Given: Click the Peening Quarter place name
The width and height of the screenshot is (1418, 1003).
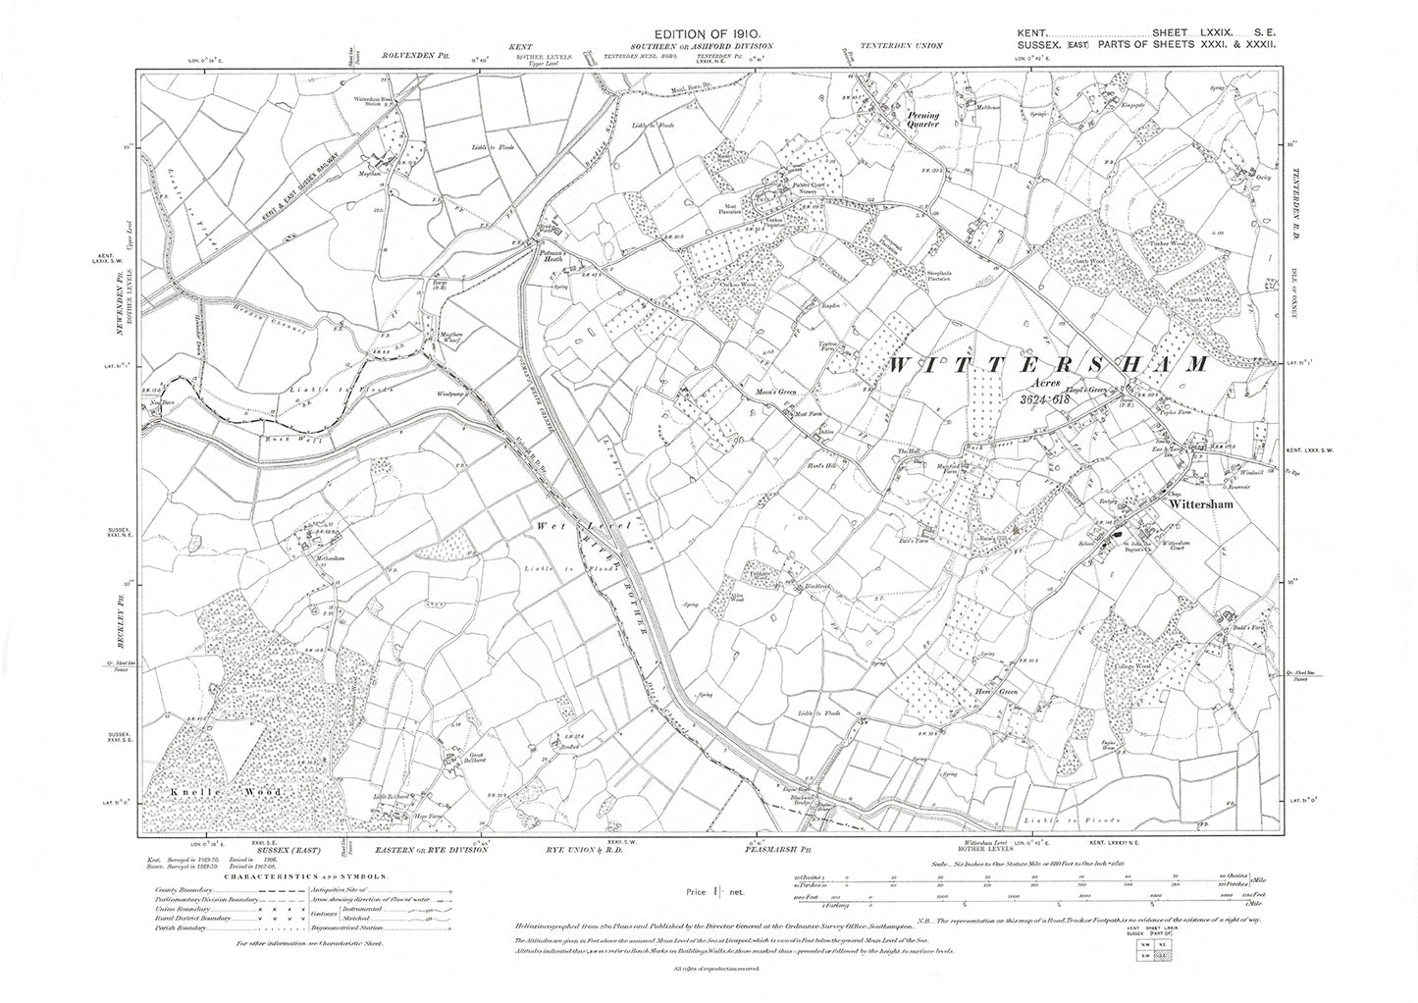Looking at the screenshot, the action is pos(921,120).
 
